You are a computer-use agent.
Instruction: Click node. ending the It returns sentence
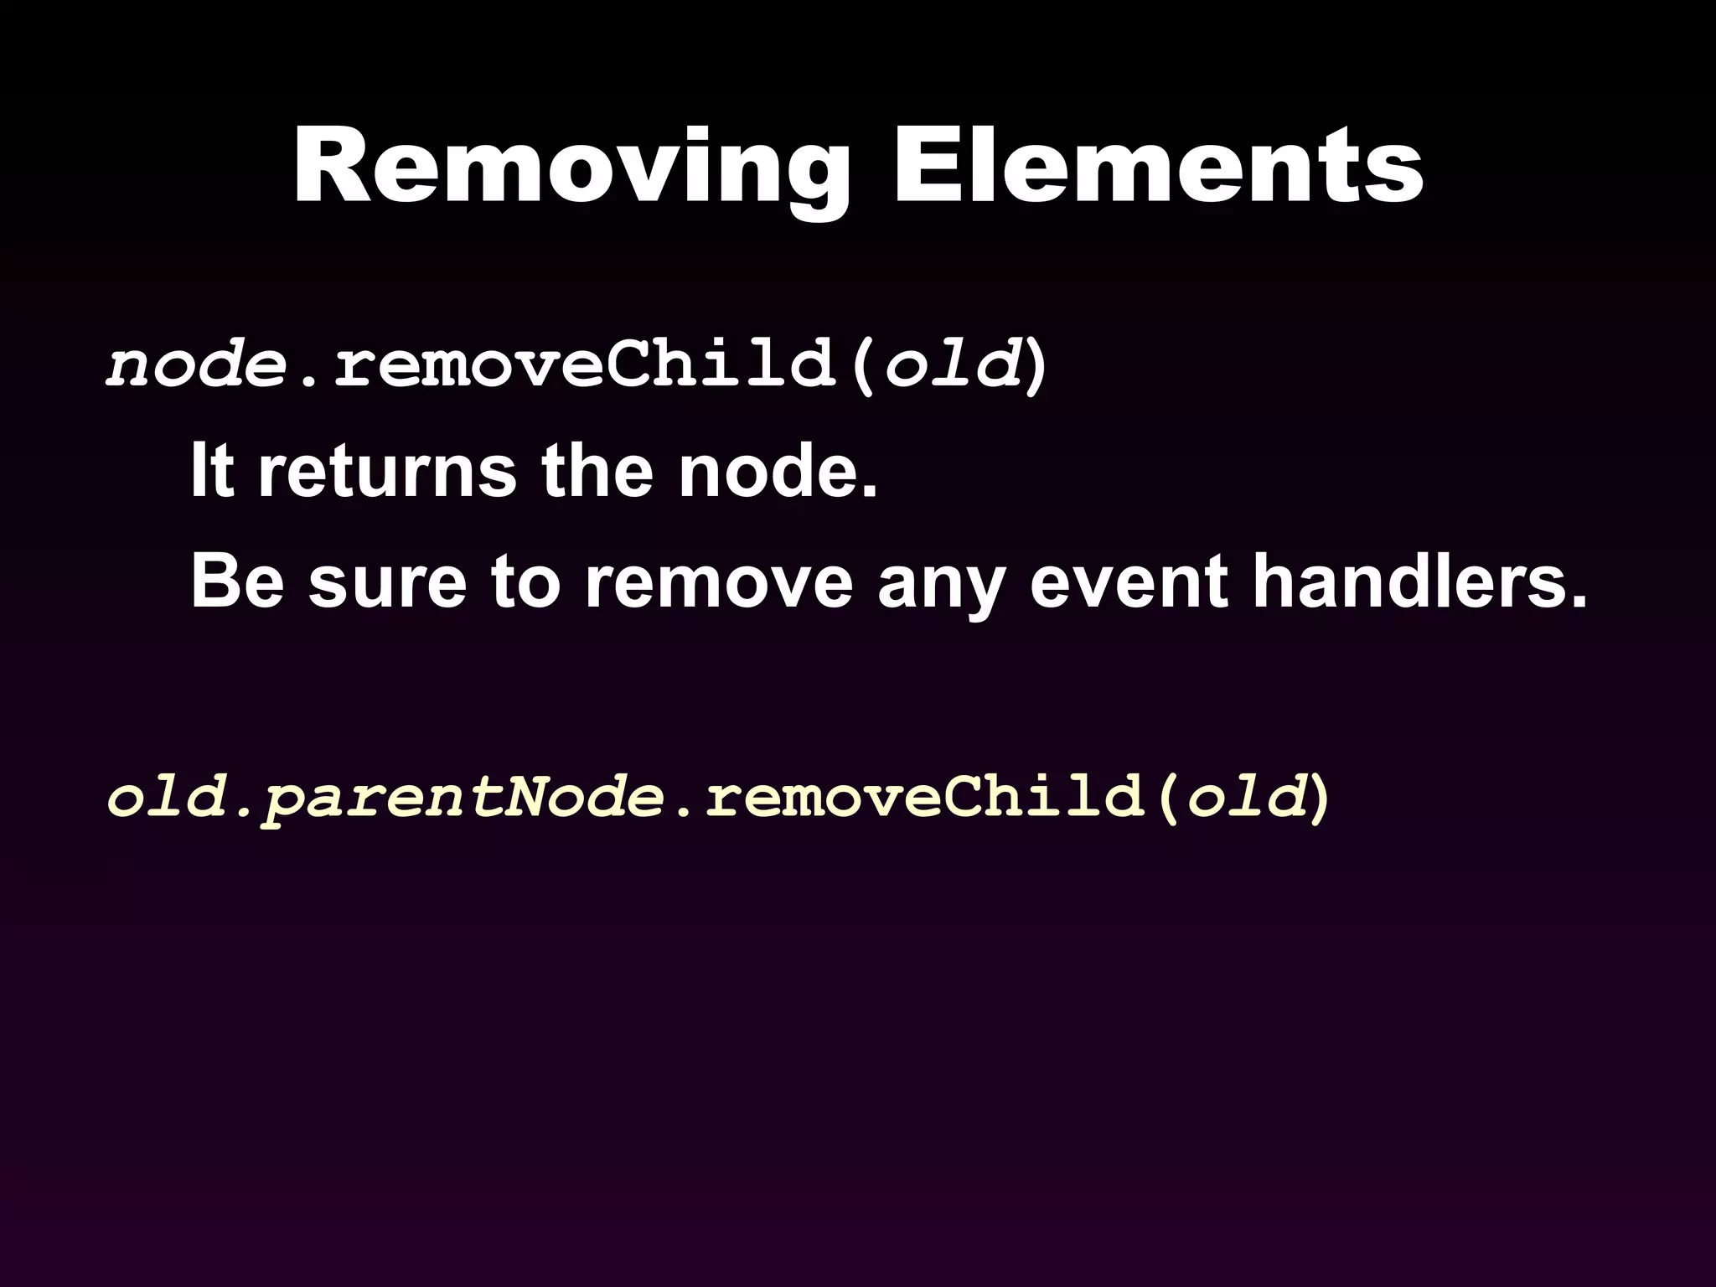[x=778, y=473]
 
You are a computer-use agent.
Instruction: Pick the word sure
[x=386, y=583]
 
